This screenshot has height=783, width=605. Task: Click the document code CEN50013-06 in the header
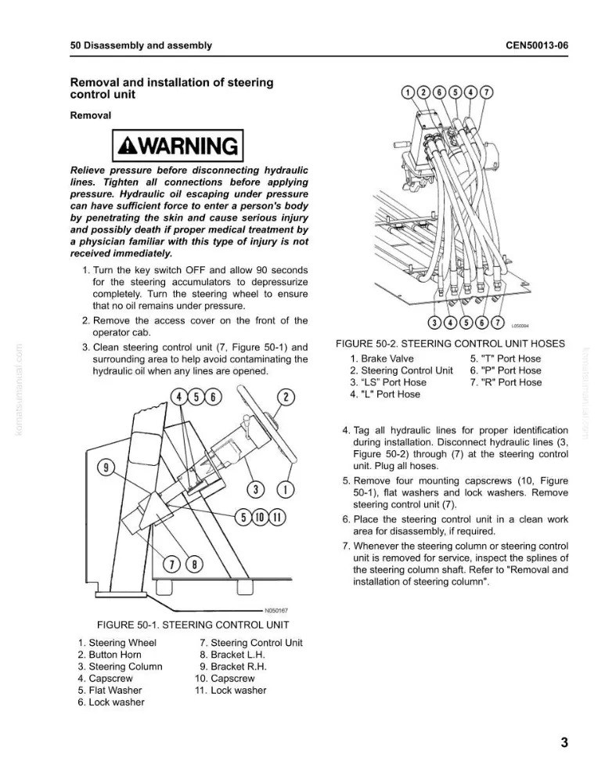537,45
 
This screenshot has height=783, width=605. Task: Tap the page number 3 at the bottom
564,742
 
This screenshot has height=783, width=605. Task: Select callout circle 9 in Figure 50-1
106,468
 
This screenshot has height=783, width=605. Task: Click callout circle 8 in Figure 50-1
194,565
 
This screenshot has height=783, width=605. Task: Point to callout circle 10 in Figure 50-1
260,517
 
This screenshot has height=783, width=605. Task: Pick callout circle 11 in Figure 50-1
277,517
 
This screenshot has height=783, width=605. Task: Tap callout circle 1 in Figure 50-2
408,92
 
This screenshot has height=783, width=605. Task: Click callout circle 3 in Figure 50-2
435,323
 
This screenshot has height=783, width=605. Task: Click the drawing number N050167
276,610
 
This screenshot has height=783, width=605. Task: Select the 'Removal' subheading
90,115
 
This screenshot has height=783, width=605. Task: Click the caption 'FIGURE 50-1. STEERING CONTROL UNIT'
193,625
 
